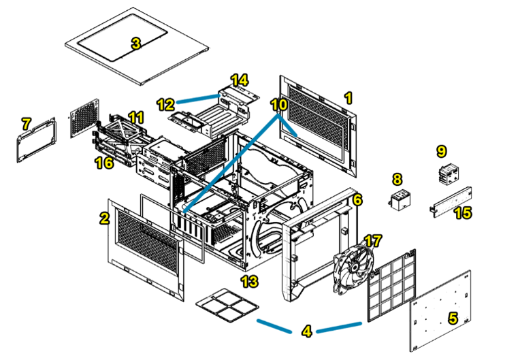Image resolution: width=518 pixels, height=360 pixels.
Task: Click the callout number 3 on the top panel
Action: tap(135, 44)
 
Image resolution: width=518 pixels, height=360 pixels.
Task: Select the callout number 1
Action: tap(348, 98)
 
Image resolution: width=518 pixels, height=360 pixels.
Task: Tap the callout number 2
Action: tap(104, 218)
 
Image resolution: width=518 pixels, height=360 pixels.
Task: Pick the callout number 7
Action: tap(26, 124)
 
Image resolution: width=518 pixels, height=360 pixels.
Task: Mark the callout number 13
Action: tap(251, 280)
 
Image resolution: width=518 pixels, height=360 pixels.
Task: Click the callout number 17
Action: tap(373, 241)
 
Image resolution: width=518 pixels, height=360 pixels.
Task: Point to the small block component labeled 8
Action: tap(399, 201)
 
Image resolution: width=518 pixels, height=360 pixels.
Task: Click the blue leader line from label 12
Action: tap(197, 101)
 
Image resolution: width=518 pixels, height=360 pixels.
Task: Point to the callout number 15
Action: tap(462, 213)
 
